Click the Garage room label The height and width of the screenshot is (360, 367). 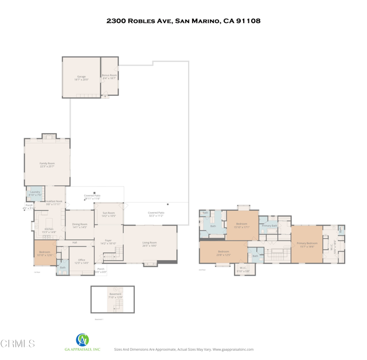coord(81,78)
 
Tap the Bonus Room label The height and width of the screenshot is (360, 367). coord(109,76)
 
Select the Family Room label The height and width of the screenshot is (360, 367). coord(47,165)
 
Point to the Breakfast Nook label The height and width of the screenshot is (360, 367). coord(54,203)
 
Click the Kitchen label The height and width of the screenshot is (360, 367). coord(49,230)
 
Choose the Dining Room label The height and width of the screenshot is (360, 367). coord(80,226)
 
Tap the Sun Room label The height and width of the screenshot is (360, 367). coord(108,214)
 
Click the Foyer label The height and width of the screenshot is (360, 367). coord(108,242)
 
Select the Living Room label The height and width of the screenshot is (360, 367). coord(150,243)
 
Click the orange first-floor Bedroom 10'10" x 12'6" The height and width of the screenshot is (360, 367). coord(45,253)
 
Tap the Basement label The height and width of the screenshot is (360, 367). coord(115,295)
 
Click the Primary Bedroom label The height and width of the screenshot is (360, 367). coord(307,244)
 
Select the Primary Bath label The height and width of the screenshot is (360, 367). coord(269,226)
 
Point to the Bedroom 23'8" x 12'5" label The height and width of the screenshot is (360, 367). coord(223,253)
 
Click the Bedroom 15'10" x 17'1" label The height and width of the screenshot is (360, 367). coord(242,225)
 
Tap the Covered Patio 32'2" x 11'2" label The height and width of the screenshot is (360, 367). coord(156,214)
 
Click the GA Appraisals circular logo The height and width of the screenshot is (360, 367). coord(83,340)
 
